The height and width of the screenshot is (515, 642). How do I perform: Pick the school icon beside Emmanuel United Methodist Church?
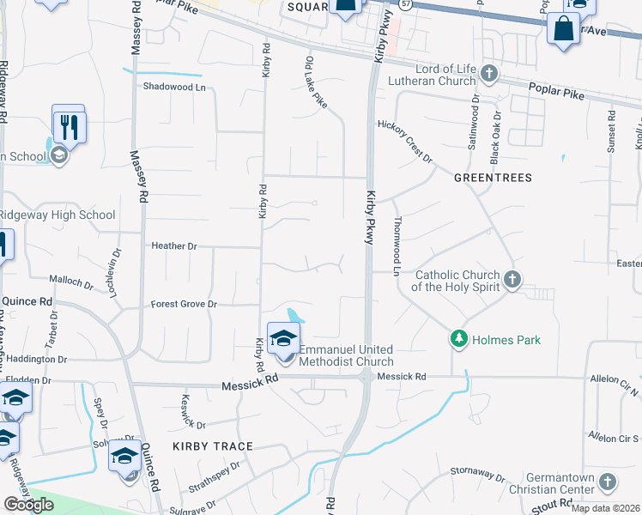coord(282,337)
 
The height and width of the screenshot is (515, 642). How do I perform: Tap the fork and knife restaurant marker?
coord(69,127)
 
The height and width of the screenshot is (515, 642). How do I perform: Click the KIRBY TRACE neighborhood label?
coord(213,446)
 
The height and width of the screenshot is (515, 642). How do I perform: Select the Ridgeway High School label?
coord(57,215)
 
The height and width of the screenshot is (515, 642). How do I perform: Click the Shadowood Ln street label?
coord(175,87)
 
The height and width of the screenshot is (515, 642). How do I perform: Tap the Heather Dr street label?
coord(174,246)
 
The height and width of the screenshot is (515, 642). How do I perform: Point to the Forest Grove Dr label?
coord(184,304)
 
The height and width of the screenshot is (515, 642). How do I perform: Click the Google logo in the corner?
coord(28,505)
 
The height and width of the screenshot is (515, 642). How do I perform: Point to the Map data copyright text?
coord(605,508)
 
